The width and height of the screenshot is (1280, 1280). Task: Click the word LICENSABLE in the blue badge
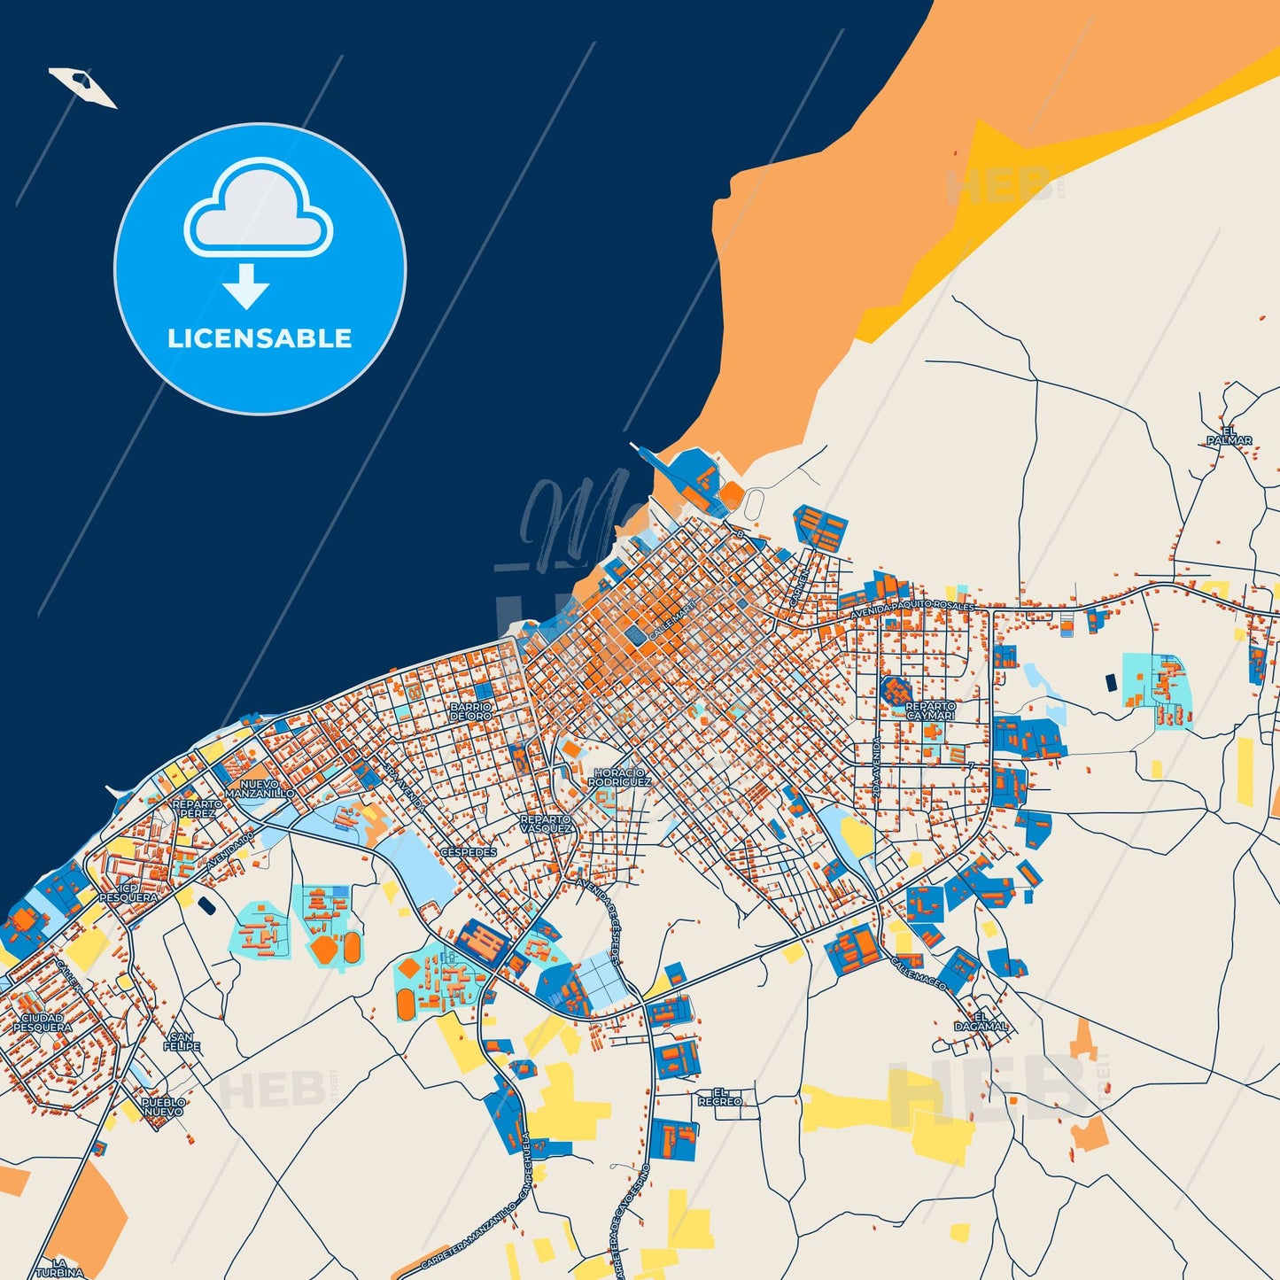coord(260,338)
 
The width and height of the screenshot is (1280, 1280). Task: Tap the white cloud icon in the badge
coord(258,209)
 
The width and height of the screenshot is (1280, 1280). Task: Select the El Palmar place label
coord(1230,436)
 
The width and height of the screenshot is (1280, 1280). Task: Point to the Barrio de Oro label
coord(470,711)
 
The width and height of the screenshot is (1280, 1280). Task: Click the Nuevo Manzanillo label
coord(260,788)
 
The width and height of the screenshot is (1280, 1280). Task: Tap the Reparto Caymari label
coord(930,710)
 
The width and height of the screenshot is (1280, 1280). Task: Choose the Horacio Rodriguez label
coord(619,778)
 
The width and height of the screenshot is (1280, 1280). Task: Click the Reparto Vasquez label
coord(547,824)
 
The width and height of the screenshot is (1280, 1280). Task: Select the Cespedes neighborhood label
coord(469,852)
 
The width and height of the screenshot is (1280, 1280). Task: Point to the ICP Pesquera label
coord(128,892)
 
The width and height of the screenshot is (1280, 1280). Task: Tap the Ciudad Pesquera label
coord(43,1023)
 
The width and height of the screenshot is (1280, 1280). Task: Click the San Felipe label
coord(182,1042)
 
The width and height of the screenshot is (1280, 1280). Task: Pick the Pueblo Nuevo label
coord(164,1107)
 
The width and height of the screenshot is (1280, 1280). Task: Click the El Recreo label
coord(720,1097)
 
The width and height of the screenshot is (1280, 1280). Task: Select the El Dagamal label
coord(981,1021)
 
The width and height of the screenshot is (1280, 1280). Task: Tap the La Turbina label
coord(59,1268)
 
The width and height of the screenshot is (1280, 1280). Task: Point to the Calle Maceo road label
coord(919,973)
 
